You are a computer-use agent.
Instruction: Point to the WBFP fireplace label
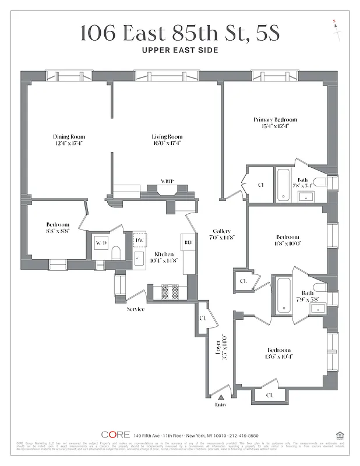pyautogui.click(x=167, y=182)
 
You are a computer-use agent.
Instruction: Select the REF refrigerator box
pyautogui.click(x=188, y=242)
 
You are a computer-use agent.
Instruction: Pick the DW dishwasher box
pyautogui.click(x=139, y=240)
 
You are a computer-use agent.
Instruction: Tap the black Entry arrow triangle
pyautogui.click(x=220, y=397)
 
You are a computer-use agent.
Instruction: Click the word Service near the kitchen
pyautogui.click(x=135, y=309)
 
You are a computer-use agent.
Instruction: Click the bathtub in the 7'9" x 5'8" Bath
pyautogui.click(x=283, y=294)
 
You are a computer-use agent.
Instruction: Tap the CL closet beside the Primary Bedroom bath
pyautogui.click(x=260, y=185)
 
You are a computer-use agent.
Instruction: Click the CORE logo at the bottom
pyautogui.click(x=115, y=435)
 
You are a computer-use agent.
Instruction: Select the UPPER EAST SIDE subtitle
pyautogui.click(x=180, y=50)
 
